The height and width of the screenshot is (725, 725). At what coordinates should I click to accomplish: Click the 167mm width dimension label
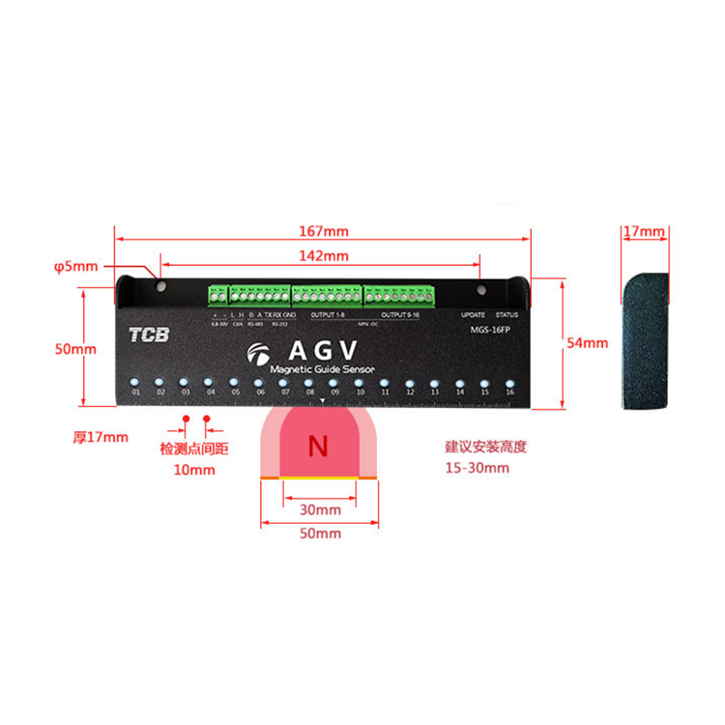click(323, 232)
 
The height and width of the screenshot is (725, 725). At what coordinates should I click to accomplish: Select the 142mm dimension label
click(323, 256)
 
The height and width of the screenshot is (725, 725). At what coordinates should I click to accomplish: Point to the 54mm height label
click(588, 342)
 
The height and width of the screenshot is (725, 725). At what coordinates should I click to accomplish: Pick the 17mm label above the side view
click(644, 232)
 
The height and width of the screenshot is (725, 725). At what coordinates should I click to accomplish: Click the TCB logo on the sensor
click(149, 336)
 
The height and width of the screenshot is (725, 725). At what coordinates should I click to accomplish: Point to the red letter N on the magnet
click(317, 447)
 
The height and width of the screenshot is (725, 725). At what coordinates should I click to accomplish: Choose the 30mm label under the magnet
click(321, 509)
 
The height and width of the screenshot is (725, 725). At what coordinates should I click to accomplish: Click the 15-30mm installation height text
click(477, 468)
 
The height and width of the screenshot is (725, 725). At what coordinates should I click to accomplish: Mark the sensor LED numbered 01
click(136, 380)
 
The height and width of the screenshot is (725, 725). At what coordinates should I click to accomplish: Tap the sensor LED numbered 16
click(509, 380)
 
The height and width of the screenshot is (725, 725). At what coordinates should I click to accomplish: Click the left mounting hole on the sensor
click(160, 287)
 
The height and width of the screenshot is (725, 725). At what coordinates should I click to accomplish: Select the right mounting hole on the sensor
click(480, 287)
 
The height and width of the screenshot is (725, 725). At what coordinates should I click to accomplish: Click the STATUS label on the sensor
click(507, 315)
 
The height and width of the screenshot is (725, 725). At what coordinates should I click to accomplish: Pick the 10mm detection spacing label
click(195, 470)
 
